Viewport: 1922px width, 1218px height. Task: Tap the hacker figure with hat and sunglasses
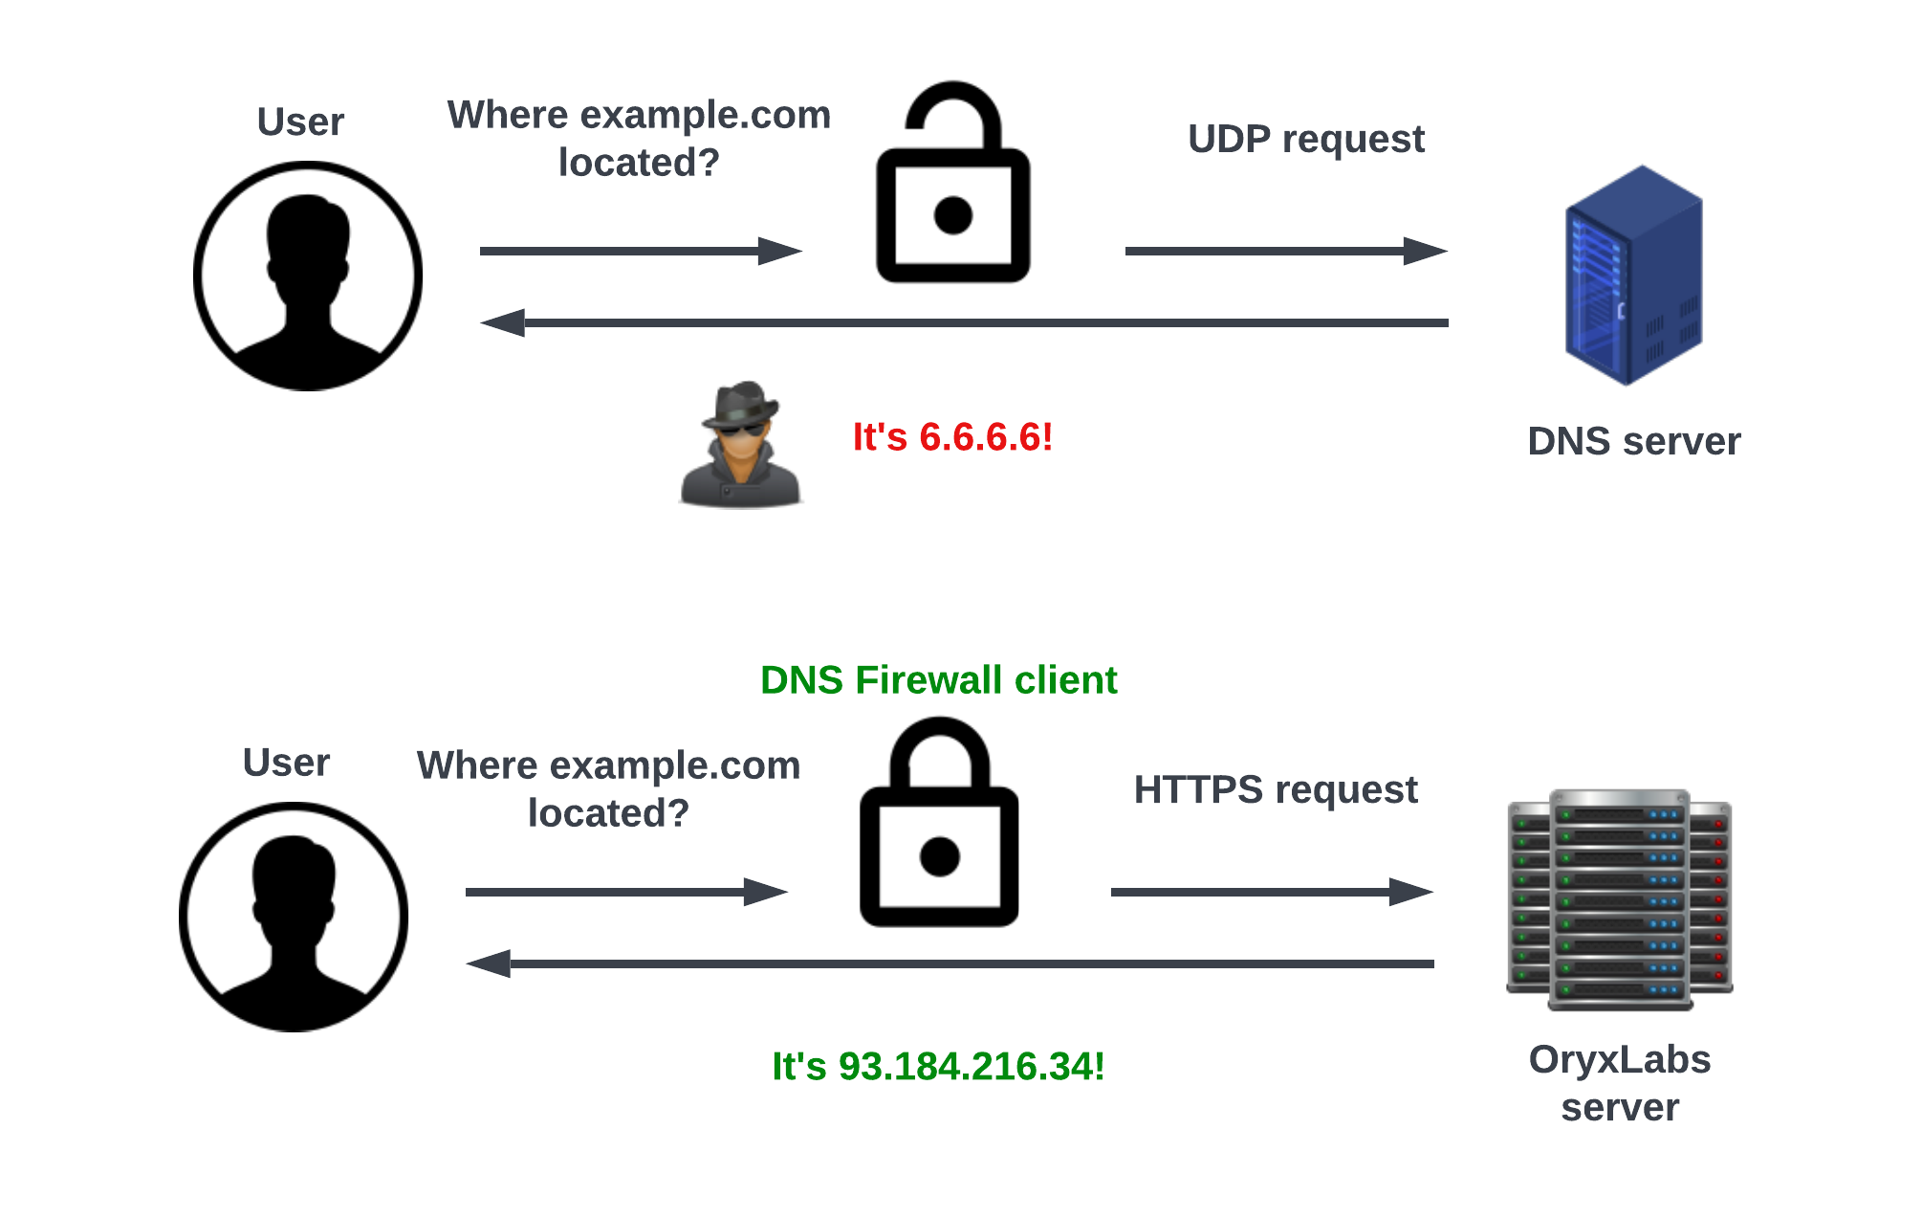(740, 444)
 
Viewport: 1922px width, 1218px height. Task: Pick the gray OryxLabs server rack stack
(1620, 899)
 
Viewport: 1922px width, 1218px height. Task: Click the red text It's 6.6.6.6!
(952, 437)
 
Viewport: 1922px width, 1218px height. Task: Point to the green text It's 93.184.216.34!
(938, 1067)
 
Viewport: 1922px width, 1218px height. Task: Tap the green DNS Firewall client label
(938, 680)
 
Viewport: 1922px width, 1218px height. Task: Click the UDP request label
(1305, 140)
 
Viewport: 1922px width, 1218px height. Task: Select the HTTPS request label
(1276, 790)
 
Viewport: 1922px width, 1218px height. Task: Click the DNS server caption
(1633, 442)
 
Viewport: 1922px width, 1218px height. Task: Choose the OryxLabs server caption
(1620, 1083)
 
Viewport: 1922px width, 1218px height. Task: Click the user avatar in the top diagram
(308, 276)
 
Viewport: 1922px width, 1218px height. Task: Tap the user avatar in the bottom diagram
(294, 917)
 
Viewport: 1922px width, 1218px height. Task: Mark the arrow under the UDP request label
(1286, 252)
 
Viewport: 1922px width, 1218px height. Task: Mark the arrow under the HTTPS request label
(1272, 893)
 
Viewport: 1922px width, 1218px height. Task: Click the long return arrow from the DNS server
(964, 323)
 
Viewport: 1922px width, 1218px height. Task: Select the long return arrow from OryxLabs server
(950, 963)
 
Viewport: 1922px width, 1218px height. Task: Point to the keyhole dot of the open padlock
(952, 215)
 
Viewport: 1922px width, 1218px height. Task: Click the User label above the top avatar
(300, 122)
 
